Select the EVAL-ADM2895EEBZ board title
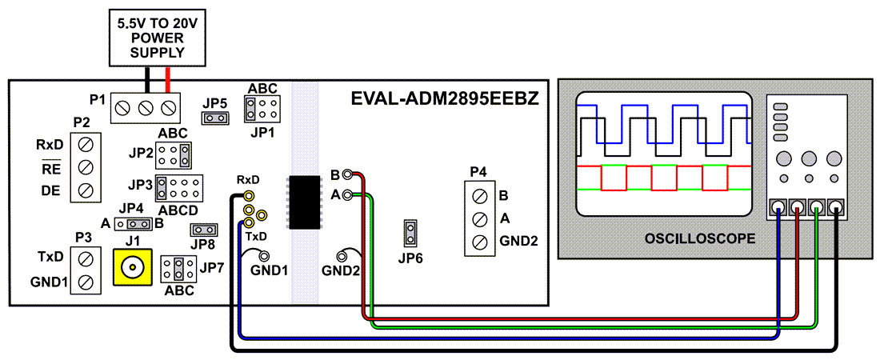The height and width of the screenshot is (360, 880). click(x=445, y=99)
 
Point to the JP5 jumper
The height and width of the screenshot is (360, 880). click(x=214, y=118)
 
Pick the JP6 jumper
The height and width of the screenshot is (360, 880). click(x=410, y=233)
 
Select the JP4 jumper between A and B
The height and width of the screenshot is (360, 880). click(x=133, y=223)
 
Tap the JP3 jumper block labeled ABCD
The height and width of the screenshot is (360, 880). click(x=178, y=189)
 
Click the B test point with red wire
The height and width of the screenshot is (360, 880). click(x=347, y=175)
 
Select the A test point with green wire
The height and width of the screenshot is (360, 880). click(x=347, y=194)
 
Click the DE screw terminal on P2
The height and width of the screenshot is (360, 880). click(x=86, y=190)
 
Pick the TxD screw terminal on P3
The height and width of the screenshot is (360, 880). click(x=86, y=258)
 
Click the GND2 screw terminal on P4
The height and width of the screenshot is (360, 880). click(x=481, y=241)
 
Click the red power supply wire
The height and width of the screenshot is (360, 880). click(x=167, y=79)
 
